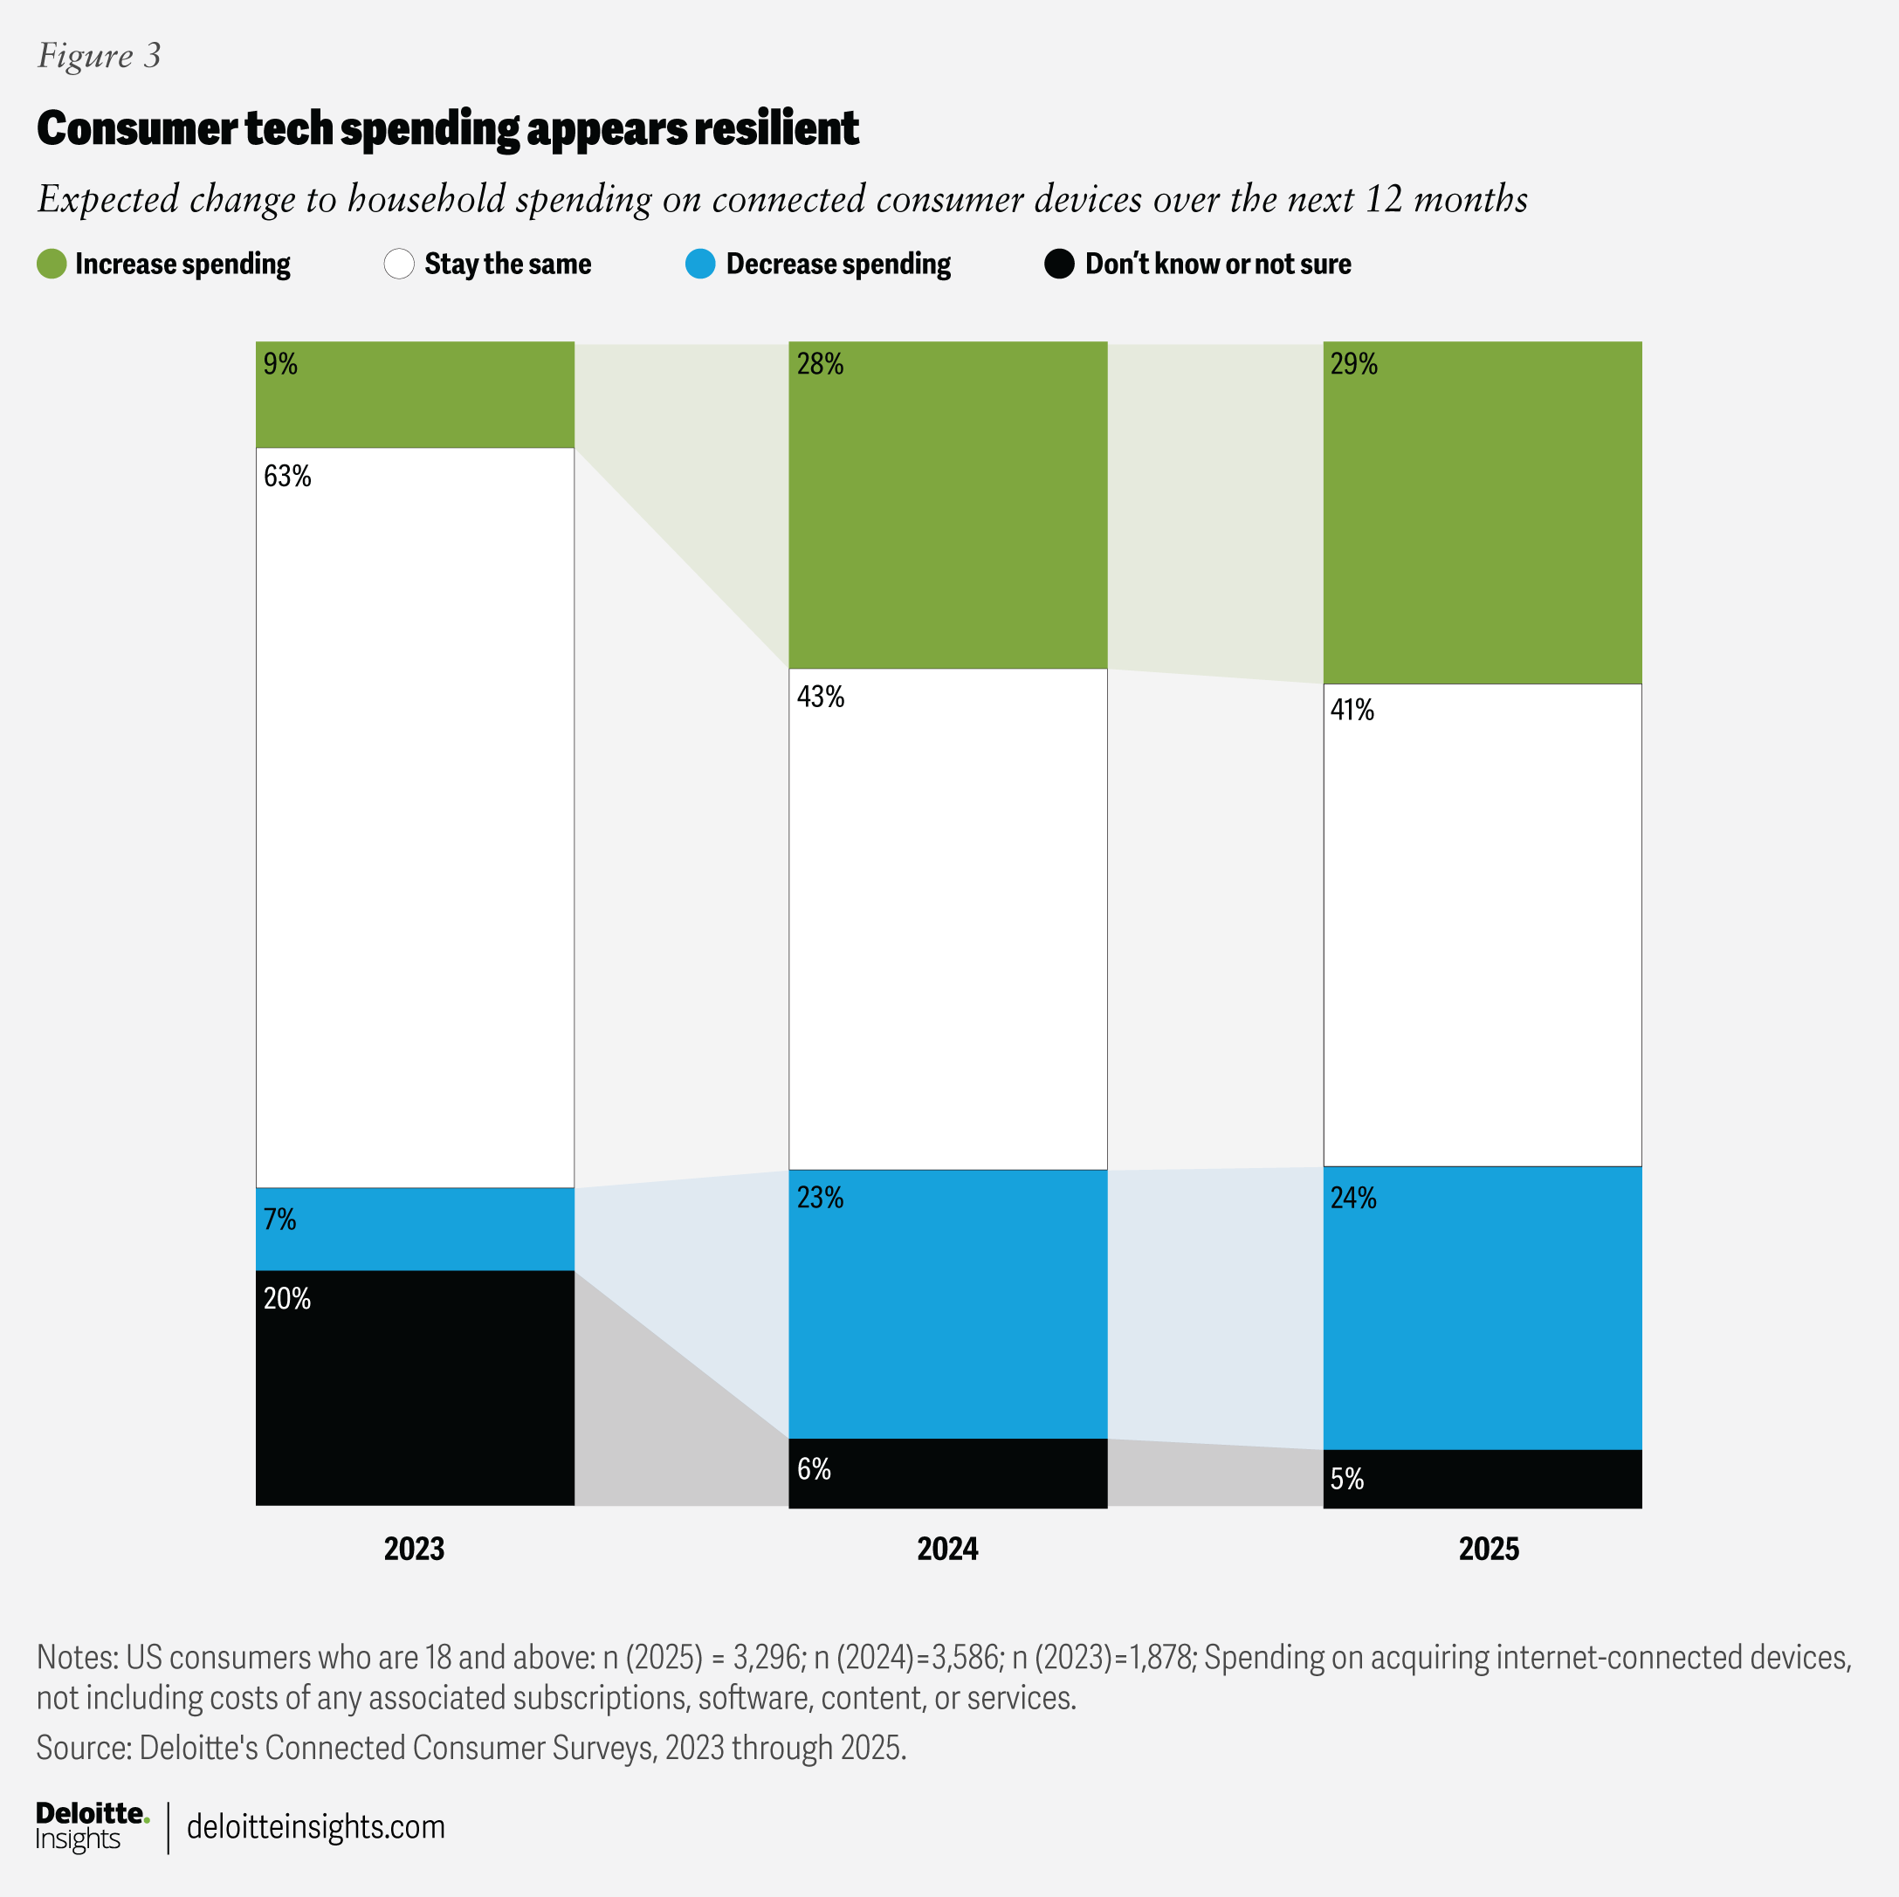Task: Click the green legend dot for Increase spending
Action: coord(52,264)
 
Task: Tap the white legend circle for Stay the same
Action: coord(399,264)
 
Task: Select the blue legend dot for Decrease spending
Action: coord(700,264)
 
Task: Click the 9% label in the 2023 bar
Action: coord(280,365)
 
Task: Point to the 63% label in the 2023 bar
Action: coord(287,477)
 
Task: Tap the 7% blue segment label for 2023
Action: coord(279,1220)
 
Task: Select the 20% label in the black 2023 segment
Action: coord(287,1299)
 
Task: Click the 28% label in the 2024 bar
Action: coord(820,365)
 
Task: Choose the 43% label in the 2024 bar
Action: coord(820,697)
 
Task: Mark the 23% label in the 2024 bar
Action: coord(820,1198)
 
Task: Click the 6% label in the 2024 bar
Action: coord(814,1469)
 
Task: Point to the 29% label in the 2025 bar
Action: coord(1353,365)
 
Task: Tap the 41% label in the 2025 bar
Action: coord(1352,711)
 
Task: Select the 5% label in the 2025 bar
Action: coord(1346,1479)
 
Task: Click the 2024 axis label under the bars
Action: coord(946,1549)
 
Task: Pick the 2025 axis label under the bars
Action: coord(1488,1549)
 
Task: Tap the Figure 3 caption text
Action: coord(100,56)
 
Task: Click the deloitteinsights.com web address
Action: coord(315,1827)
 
